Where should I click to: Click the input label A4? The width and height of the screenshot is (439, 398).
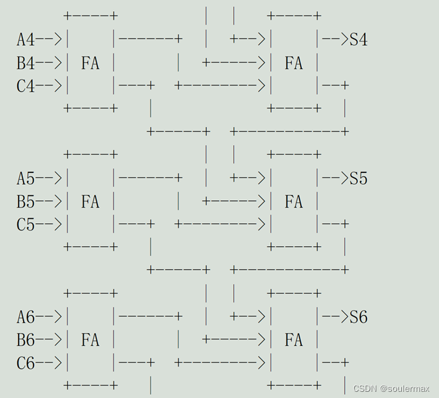(25, 40)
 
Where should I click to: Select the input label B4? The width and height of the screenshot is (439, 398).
(25, 63)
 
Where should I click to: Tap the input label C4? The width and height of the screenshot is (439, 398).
(25, 86)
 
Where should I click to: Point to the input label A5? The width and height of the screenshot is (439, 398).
(25, 179)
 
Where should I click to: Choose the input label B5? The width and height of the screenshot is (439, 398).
(25, 201)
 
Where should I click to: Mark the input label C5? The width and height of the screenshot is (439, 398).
(25, 224)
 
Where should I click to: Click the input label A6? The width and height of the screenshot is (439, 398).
(25, 317)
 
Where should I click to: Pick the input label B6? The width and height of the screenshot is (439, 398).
(25, 340)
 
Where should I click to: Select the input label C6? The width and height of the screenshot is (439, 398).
(25, 363)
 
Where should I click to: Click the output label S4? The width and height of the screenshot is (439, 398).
(358, 40)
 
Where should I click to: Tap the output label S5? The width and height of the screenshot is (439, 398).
(358, 179)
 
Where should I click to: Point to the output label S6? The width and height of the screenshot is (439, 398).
(358, 317)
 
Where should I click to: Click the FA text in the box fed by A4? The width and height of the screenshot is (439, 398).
(90, 63)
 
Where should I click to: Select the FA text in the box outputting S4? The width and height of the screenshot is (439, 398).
(293, 63)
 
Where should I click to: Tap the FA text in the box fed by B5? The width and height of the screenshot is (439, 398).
(90, 201)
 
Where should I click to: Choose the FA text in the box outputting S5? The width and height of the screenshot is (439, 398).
(293, 201)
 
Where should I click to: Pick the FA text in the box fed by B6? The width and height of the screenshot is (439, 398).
(90, 340)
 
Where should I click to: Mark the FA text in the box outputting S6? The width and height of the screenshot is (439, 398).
(293, 340)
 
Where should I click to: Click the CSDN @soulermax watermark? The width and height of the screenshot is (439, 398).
(391, 388)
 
